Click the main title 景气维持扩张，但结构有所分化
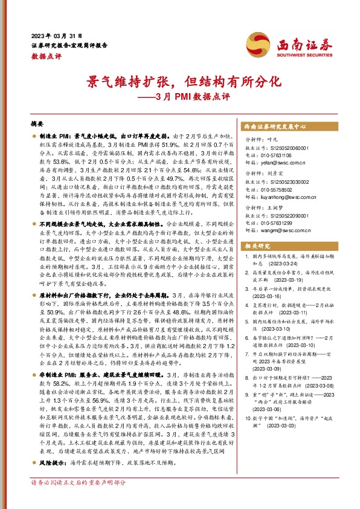point(179,80)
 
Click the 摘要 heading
point(37,123)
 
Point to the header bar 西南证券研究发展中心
point(275,127)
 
